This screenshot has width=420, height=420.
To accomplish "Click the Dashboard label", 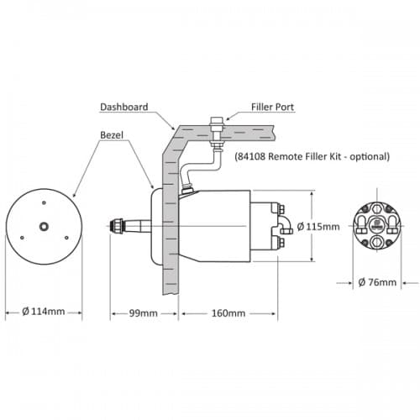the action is pyautogui.click(x=124, y=107).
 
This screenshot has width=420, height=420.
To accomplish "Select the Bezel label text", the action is pyautogui.click(x=112, y=135).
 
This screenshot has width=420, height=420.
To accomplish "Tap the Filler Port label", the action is pyautogui.click(x=272, y=107).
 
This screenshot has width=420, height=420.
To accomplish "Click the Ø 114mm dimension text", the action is pyautogui.click(x=44, y=312).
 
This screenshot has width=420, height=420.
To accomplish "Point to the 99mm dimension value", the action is pyautogui.click(x=144, y=313).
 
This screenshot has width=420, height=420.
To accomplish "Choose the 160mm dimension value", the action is pyautogui.click(x=228, y=313).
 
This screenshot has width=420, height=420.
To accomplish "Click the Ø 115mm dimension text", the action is pyautogui.click(x=318, y=226).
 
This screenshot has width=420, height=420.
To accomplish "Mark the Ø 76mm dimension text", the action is pyautogui.click(x=377, y=282).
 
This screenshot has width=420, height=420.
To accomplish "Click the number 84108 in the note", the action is pyautogui.click(x=251, y=156).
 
